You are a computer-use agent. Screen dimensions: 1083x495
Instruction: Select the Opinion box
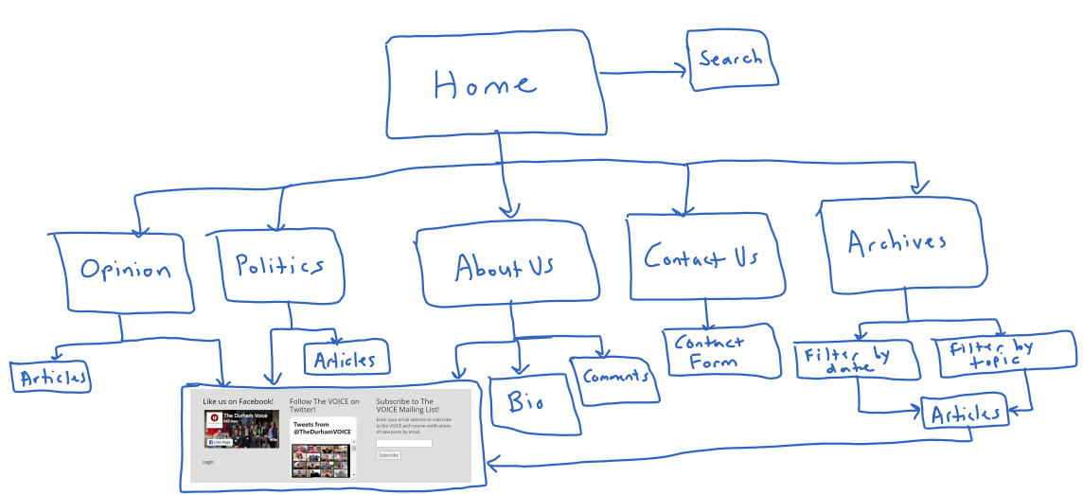125,271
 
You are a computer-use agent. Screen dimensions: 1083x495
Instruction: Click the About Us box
506,266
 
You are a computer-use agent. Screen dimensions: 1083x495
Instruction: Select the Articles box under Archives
965,415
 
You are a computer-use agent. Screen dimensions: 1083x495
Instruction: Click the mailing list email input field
404,443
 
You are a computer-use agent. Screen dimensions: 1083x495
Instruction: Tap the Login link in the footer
208,462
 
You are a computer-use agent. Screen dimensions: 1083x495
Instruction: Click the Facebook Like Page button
220,442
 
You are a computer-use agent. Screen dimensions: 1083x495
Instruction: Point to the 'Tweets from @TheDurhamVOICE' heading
322,429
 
